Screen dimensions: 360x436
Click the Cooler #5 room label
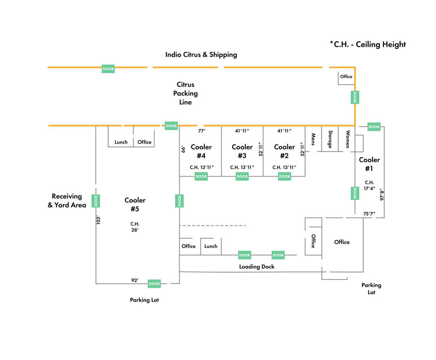coord(135,204)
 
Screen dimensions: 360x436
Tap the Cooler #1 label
coord(369,164)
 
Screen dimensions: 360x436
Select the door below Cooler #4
coord(201,176)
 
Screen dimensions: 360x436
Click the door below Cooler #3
coord(242,176)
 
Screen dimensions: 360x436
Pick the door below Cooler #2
coord(284,176)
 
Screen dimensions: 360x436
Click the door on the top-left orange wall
coord(108,69)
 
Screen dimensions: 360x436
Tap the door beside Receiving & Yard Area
coord(96,201)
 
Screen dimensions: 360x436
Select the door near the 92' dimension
coord(154,283)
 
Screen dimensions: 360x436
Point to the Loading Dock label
coord(257,267)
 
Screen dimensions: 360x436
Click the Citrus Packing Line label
coord(186,93)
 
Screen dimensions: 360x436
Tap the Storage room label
coord(330,139)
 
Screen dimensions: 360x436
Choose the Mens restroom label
coord(313,139)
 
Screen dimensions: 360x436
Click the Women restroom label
coord(347,139)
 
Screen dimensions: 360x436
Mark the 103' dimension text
coord(98,220)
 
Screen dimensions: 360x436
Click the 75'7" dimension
coord(369,214)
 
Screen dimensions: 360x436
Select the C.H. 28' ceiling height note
coord(135,227)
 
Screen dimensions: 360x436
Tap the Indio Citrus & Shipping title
coord(201,55)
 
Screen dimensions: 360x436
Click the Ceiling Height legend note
coord(368,44)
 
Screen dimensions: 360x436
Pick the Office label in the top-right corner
coord(346,77)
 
